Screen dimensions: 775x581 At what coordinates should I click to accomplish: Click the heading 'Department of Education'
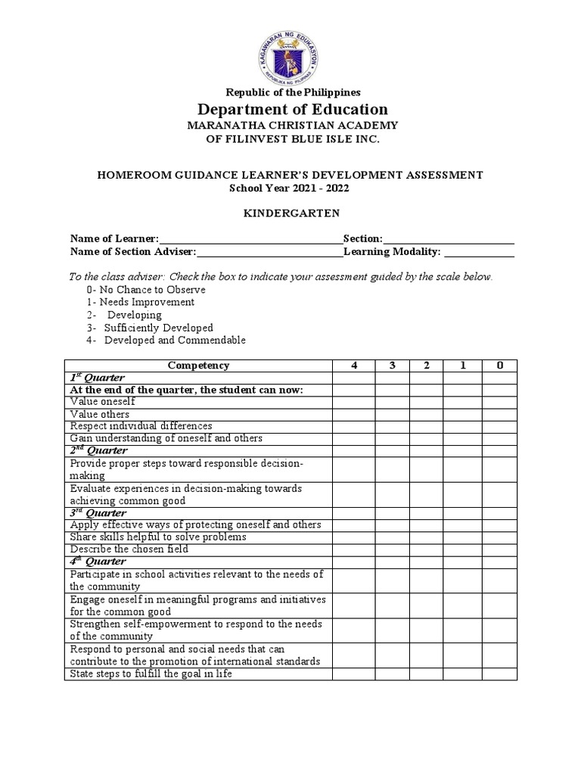[x=290, y=109]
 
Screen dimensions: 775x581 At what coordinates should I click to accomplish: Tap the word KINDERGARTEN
[x=290, y=214]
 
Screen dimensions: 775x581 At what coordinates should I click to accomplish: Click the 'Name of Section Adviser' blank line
[x=270, y=253]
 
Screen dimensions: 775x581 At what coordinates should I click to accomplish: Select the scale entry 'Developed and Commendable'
[x=166, y=341]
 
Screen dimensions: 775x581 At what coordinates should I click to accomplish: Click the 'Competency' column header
[x=198, y=366]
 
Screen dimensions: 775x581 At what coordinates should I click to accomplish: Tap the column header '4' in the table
[x=353, y=366]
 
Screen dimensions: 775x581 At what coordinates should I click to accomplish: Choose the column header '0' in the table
[x=499, y=366]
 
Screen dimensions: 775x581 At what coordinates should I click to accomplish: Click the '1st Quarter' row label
[x=98, y=378]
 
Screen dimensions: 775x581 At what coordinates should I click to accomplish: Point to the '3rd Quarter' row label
[x=98, y=512]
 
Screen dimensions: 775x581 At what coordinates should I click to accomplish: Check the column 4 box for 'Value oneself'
[x=353, y=402]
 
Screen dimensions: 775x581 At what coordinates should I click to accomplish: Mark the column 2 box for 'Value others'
[x=426, y=414]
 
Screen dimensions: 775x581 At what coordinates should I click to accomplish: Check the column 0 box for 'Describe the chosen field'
[x=499, y=549]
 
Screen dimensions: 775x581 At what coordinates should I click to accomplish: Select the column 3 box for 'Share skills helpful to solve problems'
[x=391, y=537]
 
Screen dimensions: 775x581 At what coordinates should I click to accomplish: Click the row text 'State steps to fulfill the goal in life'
[x=151, y=673]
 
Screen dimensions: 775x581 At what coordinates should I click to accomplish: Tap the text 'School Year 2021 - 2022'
[x=290, y=187]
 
